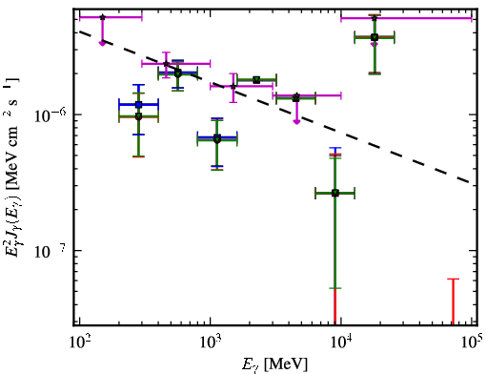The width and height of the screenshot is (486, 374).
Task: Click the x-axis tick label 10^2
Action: point(79,342)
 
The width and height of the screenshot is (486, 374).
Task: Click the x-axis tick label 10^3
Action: point(211,342)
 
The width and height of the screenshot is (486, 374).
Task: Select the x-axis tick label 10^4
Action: point(341,342)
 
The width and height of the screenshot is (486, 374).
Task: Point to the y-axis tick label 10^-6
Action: point(50,115)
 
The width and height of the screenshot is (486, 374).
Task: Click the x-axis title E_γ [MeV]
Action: point(274,364)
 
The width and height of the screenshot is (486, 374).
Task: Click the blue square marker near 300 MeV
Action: point(138,104)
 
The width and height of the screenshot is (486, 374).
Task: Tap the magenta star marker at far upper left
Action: point(102,17)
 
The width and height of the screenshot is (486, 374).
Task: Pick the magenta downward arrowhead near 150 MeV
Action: point(102,43)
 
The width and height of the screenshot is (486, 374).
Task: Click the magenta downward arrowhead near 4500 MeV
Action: point(296,121)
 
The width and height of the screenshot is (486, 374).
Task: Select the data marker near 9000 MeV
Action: point(335,193)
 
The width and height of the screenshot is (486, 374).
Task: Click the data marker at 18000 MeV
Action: point(375,37)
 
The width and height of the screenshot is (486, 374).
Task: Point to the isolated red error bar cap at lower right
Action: point(453,279)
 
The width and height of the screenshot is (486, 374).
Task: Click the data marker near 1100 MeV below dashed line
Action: point(217,139)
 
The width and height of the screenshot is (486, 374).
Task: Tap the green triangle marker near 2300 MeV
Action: point(256,80)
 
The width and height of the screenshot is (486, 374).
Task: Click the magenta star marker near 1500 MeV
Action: point(233,86)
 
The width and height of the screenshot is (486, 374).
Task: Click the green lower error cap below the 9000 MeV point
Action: point(335,288)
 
